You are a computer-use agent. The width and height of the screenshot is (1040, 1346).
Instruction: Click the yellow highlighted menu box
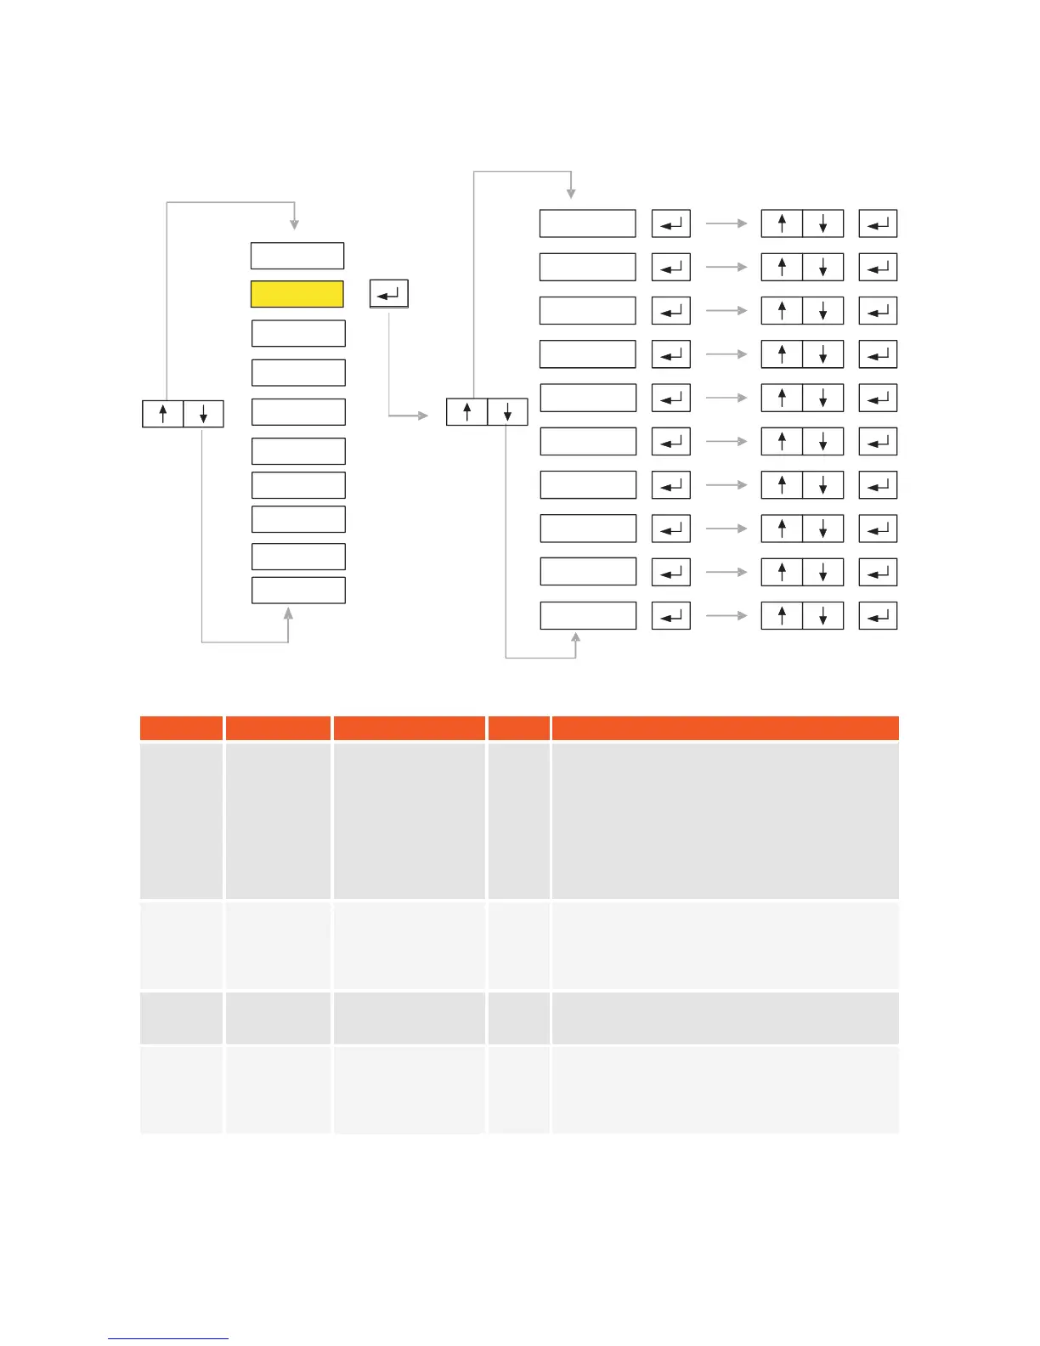pyautogui.click(x=297, y=294)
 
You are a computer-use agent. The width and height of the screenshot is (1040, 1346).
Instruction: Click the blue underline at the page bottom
pyautogui.click(x=168, y=1338)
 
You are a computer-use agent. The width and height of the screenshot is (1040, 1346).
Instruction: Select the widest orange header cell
pyautogui.click(x=725, y=728)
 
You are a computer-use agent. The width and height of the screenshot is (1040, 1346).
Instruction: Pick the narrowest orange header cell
pyautogui.click(x=518, y=728)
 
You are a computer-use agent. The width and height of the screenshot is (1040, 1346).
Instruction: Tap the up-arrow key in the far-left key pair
pyautogui.click(x=162, y=414)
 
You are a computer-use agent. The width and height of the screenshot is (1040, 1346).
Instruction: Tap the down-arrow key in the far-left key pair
pyautogui.click(x=203, y=414)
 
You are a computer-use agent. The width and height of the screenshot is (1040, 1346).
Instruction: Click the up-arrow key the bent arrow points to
pyautogui.click(x=466, y=412)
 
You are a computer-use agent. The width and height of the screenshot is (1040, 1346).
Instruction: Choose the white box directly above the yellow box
pyautogui.click(x=297, y=256)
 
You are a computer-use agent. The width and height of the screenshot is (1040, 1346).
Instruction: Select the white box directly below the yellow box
pyautogui.click(x=298, y=333)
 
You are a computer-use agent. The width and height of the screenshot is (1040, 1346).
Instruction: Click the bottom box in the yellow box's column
pyautogui.click(x=298, y=590)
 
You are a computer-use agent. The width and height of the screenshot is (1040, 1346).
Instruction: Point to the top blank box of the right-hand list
pyautogui.click(x=587, y=223)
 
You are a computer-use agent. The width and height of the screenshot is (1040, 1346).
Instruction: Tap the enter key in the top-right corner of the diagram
pyautogui.click(x=878, y=223)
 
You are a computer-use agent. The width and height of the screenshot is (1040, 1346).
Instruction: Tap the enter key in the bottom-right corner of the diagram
pyautogui.click(x=878, y=615)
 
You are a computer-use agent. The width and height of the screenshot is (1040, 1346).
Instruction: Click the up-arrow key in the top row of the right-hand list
pyautogui.click(x=782, y=223)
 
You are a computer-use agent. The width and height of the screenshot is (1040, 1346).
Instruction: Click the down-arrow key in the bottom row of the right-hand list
pyautogui.click(x=822, y=615)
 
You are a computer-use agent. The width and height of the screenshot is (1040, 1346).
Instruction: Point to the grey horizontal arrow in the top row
pyautogui.click(x=726, y=223)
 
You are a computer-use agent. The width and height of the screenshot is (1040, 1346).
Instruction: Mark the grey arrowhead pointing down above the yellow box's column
pyautogui.click(x=294, y=225)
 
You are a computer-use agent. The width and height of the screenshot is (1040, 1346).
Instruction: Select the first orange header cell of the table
pyautogui.click(x=181, y=728)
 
